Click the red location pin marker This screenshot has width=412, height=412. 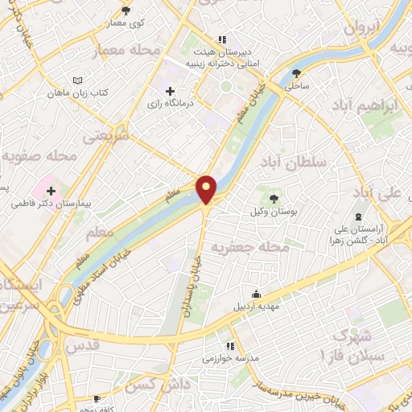207,189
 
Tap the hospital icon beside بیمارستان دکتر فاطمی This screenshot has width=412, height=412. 51,191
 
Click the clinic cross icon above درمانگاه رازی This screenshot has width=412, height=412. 169,90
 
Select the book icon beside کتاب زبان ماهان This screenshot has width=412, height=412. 77,80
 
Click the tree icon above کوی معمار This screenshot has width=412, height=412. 125,10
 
